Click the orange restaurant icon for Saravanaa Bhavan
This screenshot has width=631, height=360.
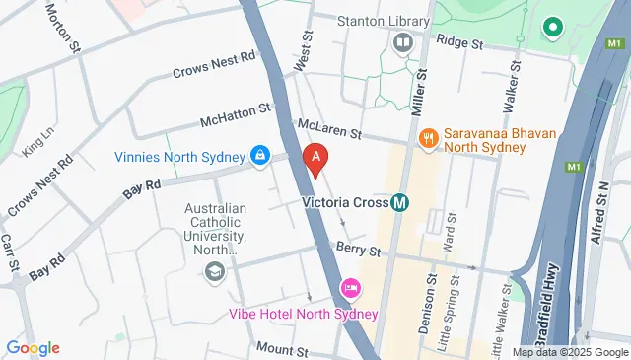click(x=428, y=138)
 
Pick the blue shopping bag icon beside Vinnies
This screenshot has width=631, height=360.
click(x=259, y=155)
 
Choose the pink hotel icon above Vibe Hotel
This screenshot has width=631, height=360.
click(x=349, y=289)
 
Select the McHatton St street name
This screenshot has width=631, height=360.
click(x=235, y=115)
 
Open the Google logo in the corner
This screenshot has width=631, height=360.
click(x=33, y=347)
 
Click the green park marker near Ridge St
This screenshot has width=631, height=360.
click(x=553, y=28)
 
